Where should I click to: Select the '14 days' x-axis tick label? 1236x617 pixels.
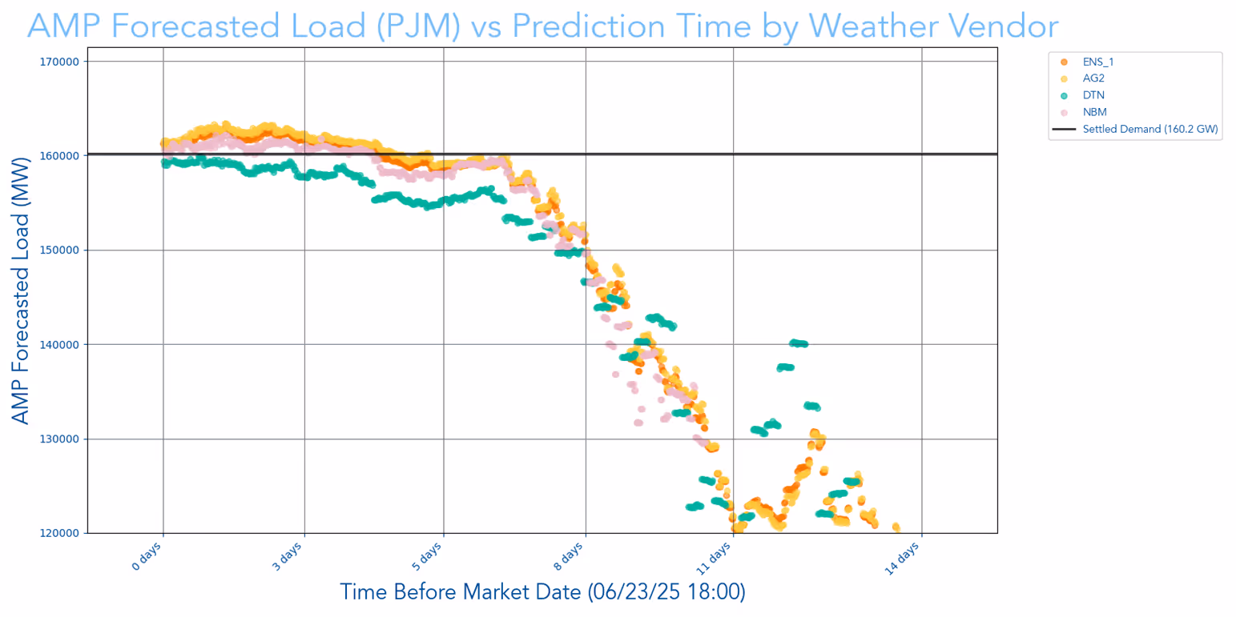point(903,557)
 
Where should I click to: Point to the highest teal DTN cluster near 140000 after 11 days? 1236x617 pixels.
point(799,343)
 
